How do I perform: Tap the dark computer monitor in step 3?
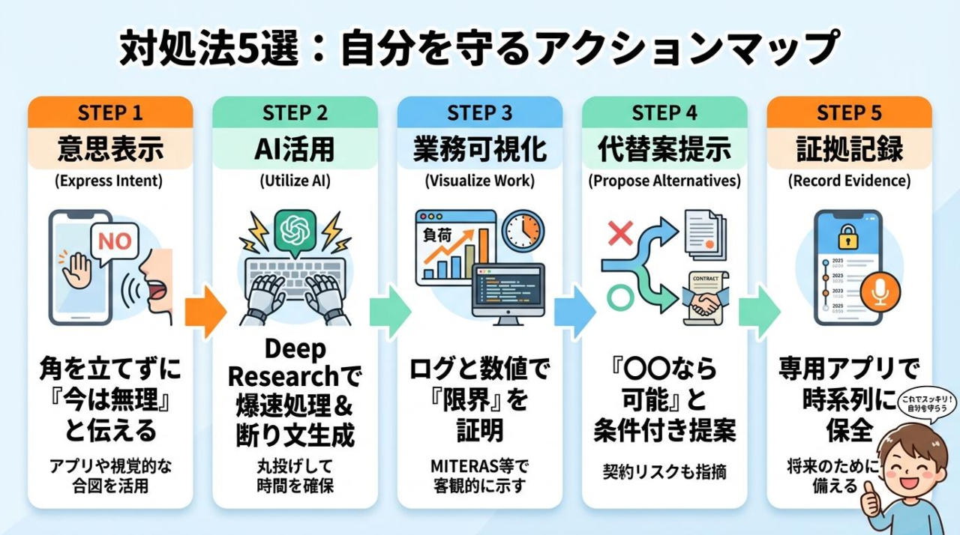[x=507, y=294]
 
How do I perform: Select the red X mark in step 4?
[x=620, y=234]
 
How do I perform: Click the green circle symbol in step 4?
[x=619, y=298]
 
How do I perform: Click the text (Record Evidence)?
[x=849, y=181]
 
